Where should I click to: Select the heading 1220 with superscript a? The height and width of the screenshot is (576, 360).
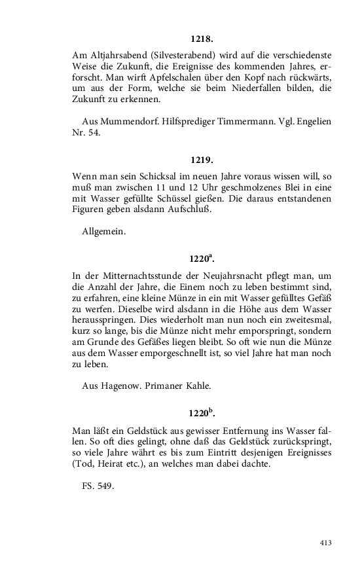tap(202, 259)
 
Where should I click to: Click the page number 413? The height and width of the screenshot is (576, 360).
tap(327, 542)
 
